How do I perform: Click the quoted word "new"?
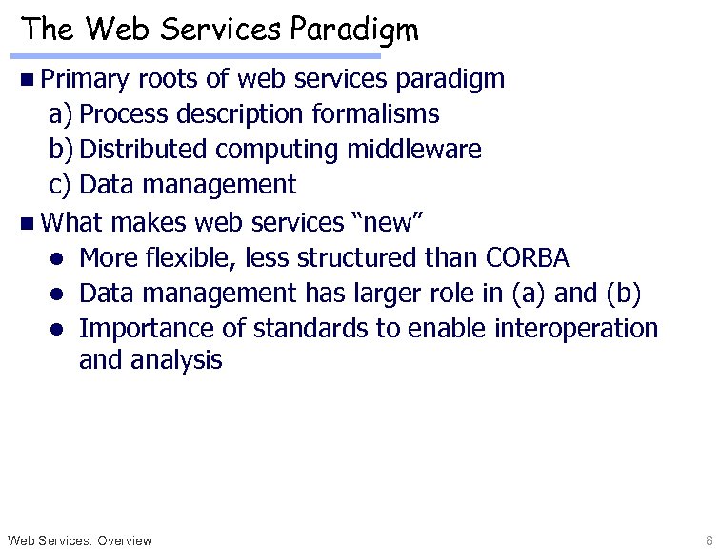[394, 222]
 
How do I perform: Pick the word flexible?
[189, 257]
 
